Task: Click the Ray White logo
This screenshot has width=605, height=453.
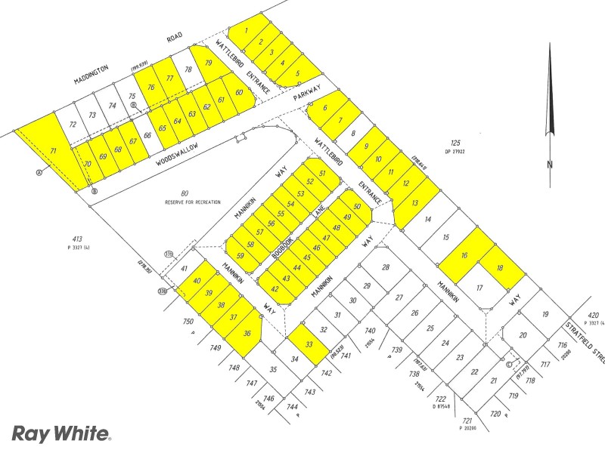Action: point(61,433)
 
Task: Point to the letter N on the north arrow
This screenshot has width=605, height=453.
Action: point(551,164)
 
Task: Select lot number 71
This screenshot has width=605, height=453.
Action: point(53,151)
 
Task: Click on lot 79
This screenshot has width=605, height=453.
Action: point(209,63)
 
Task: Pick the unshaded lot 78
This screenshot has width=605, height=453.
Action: point(188,69)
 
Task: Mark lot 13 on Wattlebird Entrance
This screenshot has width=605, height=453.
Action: point(414,202)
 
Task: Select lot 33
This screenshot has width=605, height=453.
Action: point(308,344)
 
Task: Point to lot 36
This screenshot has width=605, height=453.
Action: point(247,333)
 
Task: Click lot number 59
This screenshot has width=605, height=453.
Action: point(240,255)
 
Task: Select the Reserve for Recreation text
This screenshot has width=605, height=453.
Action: point(193,202)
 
